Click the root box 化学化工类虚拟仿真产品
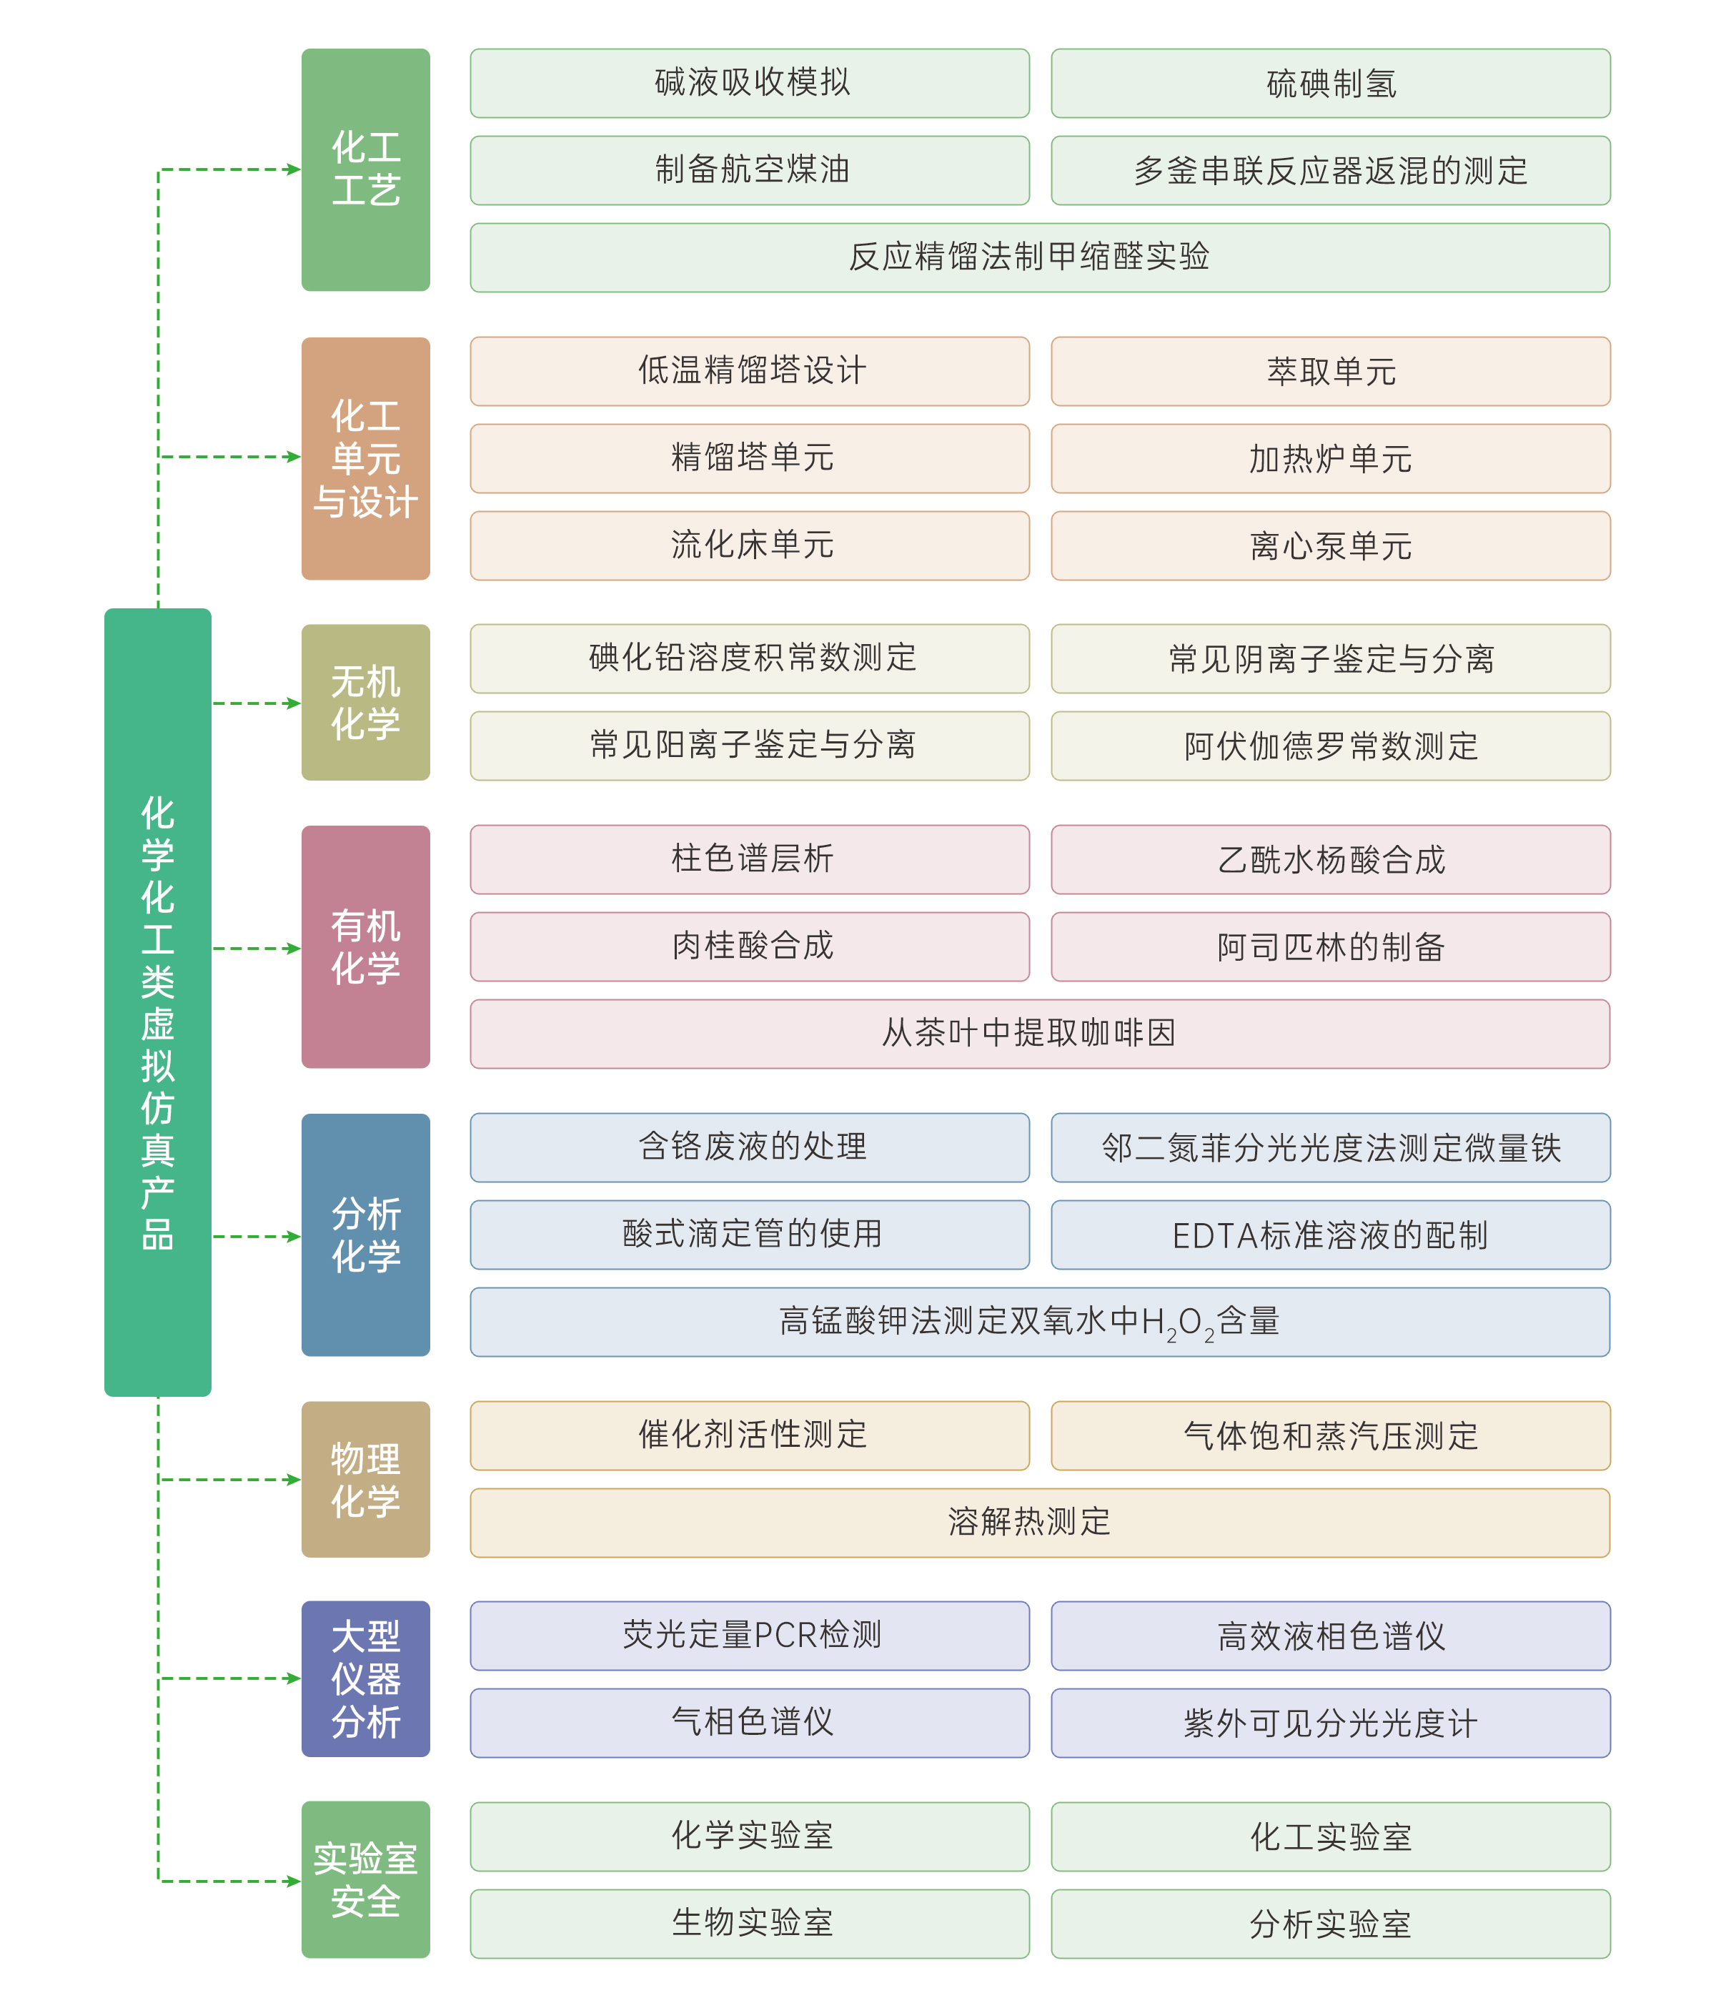(x=157, y=1002)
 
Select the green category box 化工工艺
(x=365, y=169)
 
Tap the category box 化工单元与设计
(x=365, y=458)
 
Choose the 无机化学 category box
(x=365, y=703)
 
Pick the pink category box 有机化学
(x=365, y=946)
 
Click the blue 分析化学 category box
(x=365, y=1235)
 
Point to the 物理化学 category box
(x=365, y=1480)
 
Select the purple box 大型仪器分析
(x=365, y=1678)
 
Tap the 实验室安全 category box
(x=365, y=1880)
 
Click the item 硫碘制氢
(x=1330, y=84)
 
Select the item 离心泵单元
(x=1330, y=546)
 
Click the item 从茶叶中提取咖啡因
(x=1039, y=1034)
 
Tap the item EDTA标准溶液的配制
(x=1330, y=1235)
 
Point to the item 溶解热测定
(x=1039, y=1522)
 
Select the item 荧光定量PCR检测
(x=750, y=1636)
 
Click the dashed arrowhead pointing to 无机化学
(x=294, y=703)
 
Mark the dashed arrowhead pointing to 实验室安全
(x=294, y=1881)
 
